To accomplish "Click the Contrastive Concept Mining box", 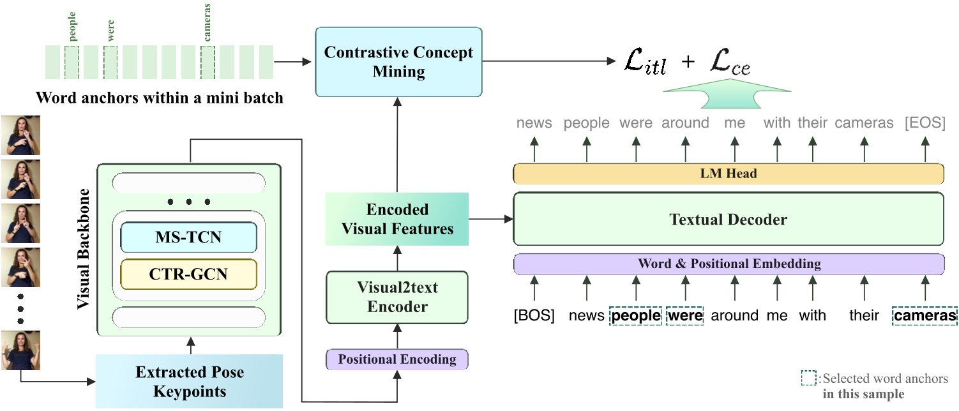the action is point(398,62).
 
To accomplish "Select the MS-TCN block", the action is point(189,237).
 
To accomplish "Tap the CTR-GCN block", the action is point(189,274).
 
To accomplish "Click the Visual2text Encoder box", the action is point(397,297).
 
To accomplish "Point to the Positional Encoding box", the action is point(397,359).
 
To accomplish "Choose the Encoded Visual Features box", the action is point(397,219).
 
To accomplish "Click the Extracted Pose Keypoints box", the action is point(189,381).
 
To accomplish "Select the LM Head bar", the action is point(729,174).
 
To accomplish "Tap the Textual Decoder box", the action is point(729,219).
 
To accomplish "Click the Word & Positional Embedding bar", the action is point(729,264).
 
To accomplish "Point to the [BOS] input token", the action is point(534,315).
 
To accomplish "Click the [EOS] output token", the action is point(925,123).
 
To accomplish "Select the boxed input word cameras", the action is point(925,316).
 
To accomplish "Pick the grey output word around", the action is point(686,123).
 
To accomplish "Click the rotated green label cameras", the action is point(208,22).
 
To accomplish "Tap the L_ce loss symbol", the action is point(730,62).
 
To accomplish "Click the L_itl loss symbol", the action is point(645,61).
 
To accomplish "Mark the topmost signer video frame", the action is point(20,135).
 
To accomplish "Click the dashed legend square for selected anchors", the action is point(809,378).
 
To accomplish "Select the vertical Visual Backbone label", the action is point(84,249).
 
